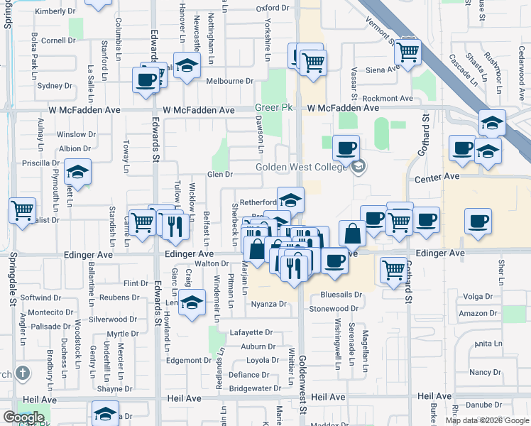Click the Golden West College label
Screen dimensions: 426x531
pos(302,167)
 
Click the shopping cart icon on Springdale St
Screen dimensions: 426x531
pos(23,210)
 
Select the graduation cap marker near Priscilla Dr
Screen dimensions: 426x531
pos(77,172)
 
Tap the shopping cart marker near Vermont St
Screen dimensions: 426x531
pos(407,51)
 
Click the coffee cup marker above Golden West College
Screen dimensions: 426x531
pos(346,148)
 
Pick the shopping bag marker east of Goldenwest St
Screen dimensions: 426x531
pos(353,233)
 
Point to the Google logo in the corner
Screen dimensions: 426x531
pos(23,417)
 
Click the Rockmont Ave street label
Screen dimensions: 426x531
pos(387,99)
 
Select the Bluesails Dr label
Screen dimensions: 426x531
pos(341,294)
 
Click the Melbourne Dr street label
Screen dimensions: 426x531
pos(229,81)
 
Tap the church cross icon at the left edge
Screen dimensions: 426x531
pos(23,373)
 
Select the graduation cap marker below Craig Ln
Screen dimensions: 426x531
pos(190,303)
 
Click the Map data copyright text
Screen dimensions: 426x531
pos(486,420)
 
